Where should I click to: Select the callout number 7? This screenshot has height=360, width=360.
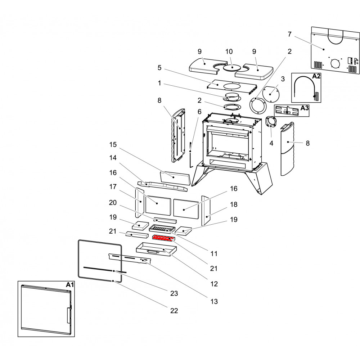pos(289,34)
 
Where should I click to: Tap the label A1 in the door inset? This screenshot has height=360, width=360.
pos(70,285)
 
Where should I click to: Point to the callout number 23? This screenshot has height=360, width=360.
pos(174,293)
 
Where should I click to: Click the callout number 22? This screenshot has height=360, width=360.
pos(174,310)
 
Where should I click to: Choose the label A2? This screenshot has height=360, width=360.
pos(316,76)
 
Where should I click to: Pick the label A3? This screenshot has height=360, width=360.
pos(304,108)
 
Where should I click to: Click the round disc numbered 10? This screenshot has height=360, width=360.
pos(231,67)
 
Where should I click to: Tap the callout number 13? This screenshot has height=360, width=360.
pos(214,301)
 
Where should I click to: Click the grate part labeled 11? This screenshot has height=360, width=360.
pos(162,228)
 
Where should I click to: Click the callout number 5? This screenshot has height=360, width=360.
pos(159,67)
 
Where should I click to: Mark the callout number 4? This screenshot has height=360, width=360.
pos(271,143)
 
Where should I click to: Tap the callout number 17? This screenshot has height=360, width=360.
pos(113,186)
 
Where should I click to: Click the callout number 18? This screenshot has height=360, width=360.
pos(234,204)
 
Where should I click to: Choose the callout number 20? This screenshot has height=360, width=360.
pos(113,203)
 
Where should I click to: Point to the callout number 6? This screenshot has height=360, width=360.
pos(199,112)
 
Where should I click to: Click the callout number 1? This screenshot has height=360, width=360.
pos(159,83)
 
